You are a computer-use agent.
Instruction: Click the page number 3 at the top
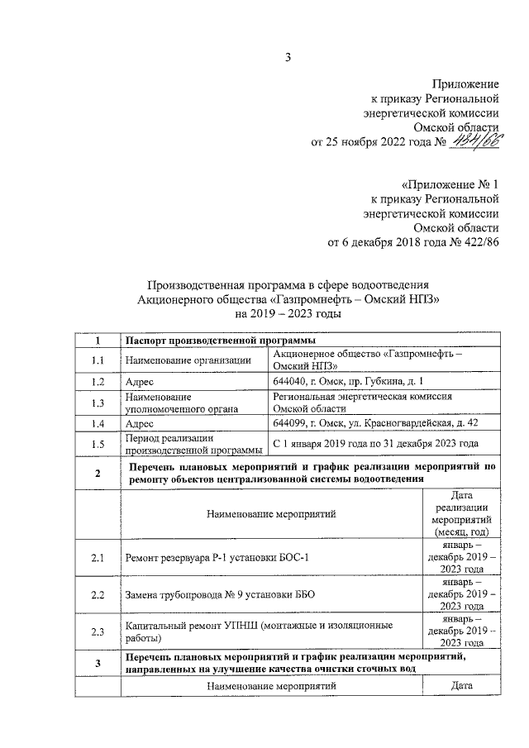(x=288, y=57)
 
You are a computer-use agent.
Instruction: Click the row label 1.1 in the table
(x=98, y=360)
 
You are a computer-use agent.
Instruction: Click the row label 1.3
(x=98, y=403)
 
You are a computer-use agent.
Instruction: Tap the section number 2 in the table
(x=98, y=473)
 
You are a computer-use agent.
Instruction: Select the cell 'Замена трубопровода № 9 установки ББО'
(x=219, y=595)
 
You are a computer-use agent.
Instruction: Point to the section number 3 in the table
(x=98, y=663)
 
